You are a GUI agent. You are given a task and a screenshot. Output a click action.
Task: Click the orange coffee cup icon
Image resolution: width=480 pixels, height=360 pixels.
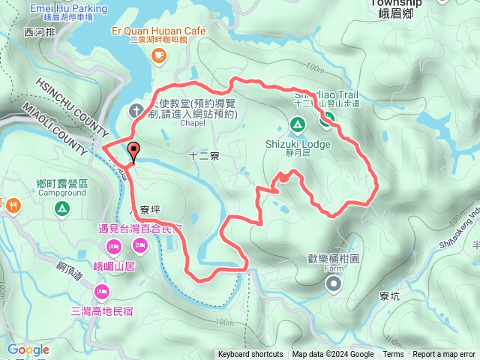tap(158, 55)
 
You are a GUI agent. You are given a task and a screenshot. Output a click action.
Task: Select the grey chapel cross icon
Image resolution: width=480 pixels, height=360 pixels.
tap(135, 110)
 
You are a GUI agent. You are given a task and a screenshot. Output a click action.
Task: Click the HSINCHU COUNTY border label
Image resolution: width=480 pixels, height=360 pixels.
tap(70, 105)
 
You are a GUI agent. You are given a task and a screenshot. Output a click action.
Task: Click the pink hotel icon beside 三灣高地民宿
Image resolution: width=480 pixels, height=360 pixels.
tap(101, 290)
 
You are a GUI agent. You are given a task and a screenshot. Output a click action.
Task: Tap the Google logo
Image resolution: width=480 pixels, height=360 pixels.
tap(28, 349)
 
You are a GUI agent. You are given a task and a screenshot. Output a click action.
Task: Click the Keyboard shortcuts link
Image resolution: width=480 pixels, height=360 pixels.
tap(250, 355)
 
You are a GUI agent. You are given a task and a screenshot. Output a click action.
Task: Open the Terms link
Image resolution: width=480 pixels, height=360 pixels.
tap(393, 355)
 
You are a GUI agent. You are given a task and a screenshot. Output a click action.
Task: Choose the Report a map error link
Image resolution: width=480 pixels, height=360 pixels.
tap(444, 355)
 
